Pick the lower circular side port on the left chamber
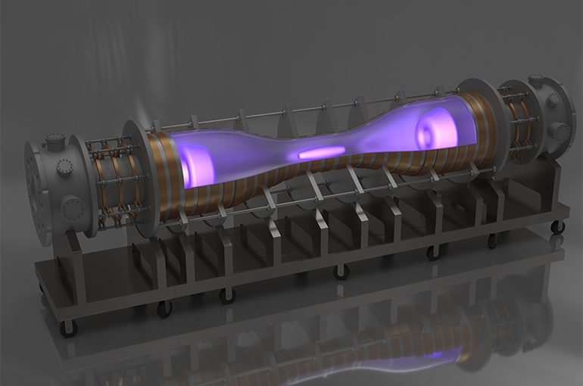72,207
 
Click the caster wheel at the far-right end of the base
557,226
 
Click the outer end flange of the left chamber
35,193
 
